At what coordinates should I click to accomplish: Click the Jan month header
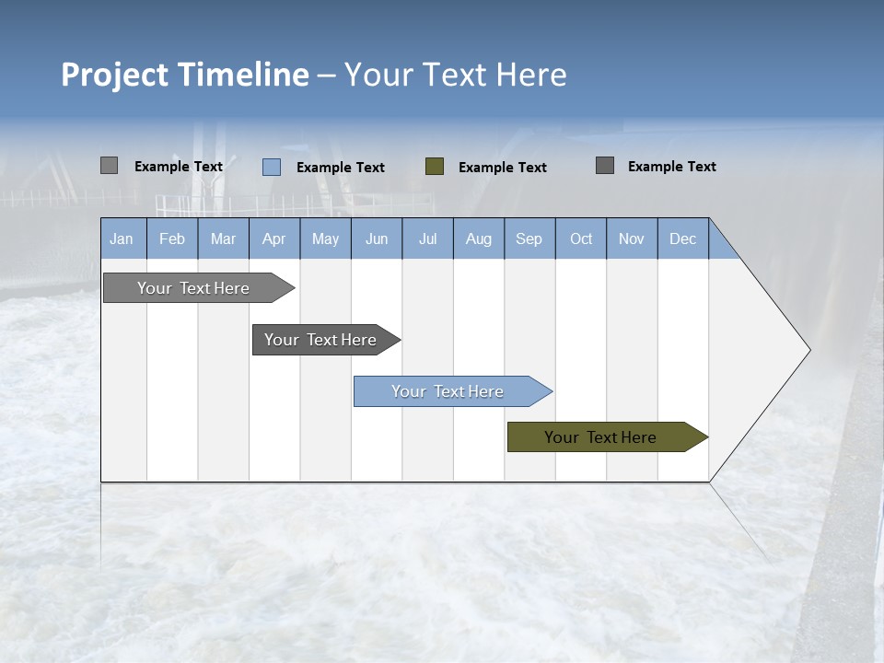tap(122, 239)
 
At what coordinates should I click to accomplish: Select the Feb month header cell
tap(172, 239)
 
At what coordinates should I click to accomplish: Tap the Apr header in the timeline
tap(273, 239)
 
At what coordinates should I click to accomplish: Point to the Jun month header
tap(377, 239)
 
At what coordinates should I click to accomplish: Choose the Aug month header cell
tap(478, 239)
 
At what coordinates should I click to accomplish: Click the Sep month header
tap(529, 239)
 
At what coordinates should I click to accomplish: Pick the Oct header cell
tap(581, 239)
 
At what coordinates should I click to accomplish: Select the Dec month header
tap(682, 239)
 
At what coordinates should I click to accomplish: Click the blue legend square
tap(272, 167)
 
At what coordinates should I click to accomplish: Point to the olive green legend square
tap(435, 167)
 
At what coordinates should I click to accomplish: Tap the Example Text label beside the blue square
tap(341, 168)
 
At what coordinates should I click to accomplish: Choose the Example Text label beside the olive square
tap(503, 168)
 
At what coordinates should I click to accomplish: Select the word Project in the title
tap(115, 75)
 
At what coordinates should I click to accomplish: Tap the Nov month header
tap(632, 239)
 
